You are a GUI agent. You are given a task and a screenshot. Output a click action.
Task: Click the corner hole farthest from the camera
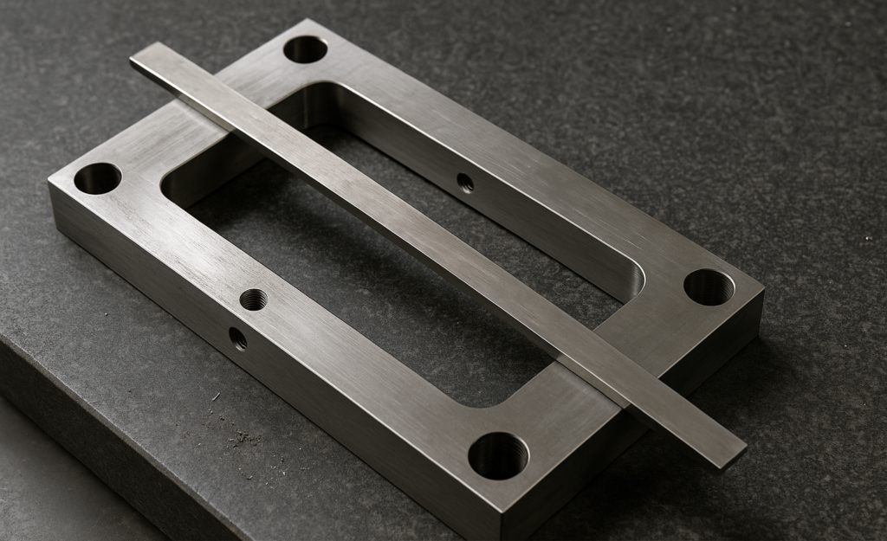pyautogui.click(x=306, y=48)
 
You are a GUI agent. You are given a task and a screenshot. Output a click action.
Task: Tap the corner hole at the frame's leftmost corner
pyautogui.click(x=97, y=178)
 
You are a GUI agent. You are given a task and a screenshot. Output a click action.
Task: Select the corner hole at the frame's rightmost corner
pyautogui.click(x=709, y=287)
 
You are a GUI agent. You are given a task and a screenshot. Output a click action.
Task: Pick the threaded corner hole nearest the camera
pyautogui.click(x=498, y=454)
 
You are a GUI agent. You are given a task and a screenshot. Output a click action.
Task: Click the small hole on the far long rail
pyautogui.click(x=465, y=183)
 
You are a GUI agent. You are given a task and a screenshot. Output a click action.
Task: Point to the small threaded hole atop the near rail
pyautogui.click(x=253, y=299)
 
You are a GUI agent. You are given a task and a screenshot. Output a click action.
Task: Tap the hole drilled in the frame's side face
pyautogui.click(x=237, y=338)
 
